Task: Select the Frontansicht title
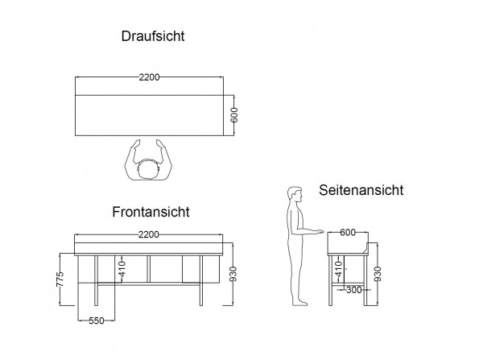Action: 151,213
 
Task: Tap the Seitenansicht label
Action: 361,191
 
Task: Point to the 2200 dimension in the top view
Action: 150,77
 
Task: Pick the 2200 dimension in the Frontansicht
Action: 150,234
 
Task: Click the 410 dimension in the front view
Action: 122,267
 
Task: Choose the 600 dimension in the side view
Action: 348,234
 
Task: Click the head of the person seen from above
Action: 150,170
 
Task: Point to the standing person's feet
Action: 299,302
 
